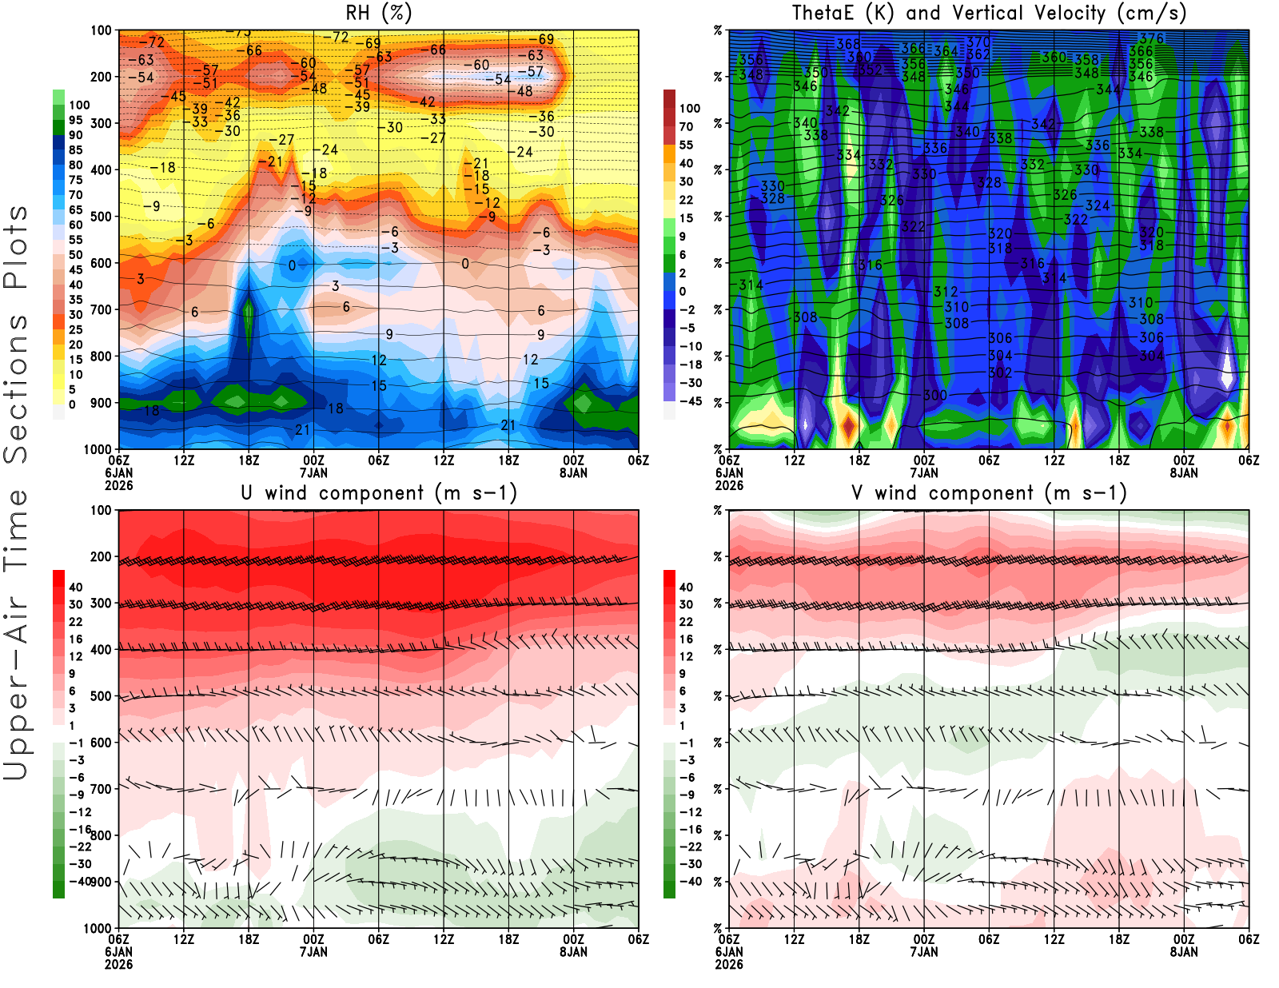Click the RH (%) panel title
pos(378,14)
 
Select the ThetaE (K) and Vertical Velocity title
pos(989,14)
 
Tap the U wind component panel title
pos(379,493)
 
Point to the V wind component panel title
pos(989,493)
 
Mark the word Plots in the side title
pos(16,247)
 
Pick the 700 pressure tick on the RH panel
pos(101,309)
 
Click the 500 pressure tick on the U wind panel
pos(101,696)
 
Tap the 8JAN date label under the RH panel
pos(573,472)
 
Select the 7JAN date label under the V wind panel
pos(924,952)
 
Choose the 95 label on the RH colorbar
pos(75,120)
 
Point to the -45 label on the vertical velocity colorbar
pos(690,401)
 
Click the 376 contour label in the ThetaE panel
pos(1151,38)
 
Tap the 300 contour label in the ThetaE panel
pos(934,395)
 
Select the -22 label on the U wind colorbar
pos(79,847)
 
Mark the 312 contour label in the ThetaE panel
pos(945,292)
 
